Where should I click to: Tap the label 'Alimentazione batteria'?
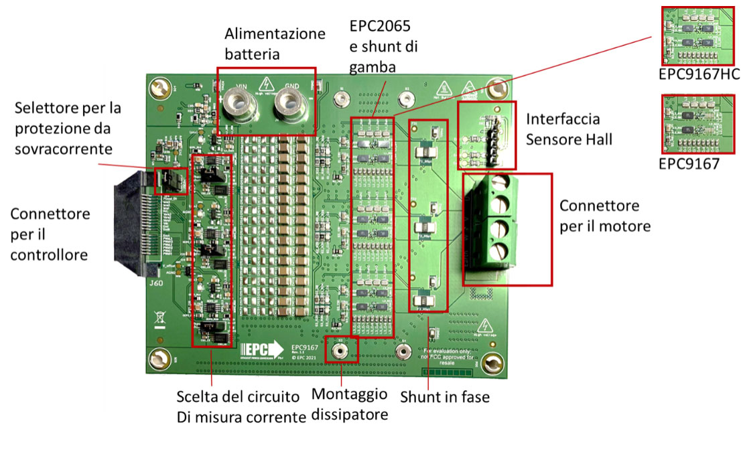click(x=275, y=44)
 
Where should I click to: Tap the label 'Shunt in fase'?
click(x=445, y=396)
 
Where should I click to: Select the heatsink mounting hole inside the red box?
click(x=341, y=350)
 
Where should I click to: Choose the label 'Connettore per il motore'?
click(x=605, y=216)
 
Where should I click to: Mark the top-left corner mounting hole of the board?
click(x=159, y=88)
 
